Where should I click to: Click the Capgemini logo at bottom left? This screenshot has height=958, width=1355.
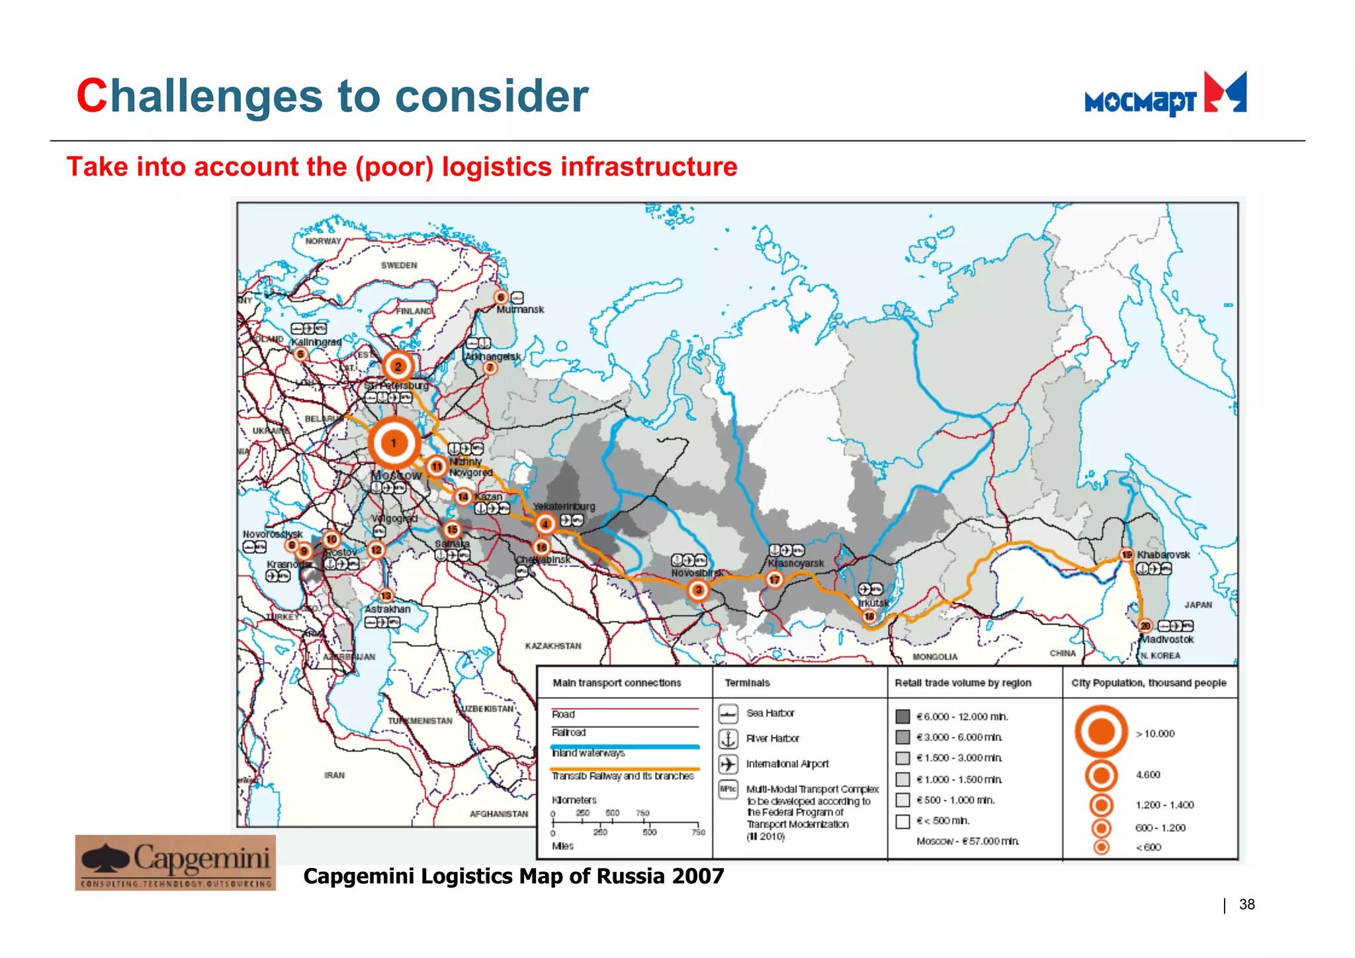pyautogui.click(x=175, y=862)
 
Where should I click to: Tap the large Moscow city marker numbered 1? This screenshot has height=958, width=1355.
pyautogui.click(x=394, y=443)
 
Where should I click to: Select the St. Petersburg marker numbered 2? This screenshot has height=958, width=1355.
pyautogui.click(x=398, y=366)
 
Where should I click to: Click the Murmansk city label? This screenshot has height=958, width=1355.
pyautogui.click(x=520, y=309)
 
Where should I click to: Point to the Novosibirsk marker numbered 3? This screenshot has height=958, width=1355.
pyautogui.click(x=697, y=590)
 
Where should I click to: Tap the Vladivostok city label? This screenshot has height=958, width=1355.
pyautogui.click(x=1167, y=640)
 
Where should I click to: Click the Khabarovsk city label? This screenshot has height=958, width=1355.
pyautogui.click(x=1163, y=555)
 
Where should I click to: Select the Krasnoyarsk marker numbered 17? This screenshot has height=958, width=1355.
pyautogui.click(x=774, y=580)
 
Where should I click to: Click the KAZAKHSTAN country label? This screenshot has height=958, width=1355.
pyautogui.click(x=553, y=646)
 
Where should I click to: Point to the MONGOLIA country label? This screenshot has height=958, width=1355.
pyautogui.click(x=934, y=657)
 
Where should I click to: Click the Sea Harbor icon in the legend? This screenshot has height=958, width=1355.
pyautogui.click(x=728, y=714)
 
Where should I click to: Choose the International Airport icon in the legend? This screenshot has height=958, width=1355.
pyautogui.click(x=728, y=764)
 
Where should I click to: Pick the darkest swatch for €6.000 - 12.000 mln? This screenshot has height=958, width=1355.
pyautogui.click(x=902, y=716)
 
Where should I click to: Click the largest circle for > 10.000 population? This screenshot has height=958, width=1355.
pyautogui.click(x=1101, y=732)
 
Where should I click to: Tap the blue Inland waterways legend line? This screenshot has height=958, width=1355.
pyautogui.click(x=625, y=747)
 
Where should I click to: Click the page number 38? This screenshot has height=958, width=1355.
pyautogui.click(x=1246, y=904)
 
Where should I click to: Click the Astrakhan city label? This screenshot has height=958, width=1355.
pyautogui.click(x=388, y=609)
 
